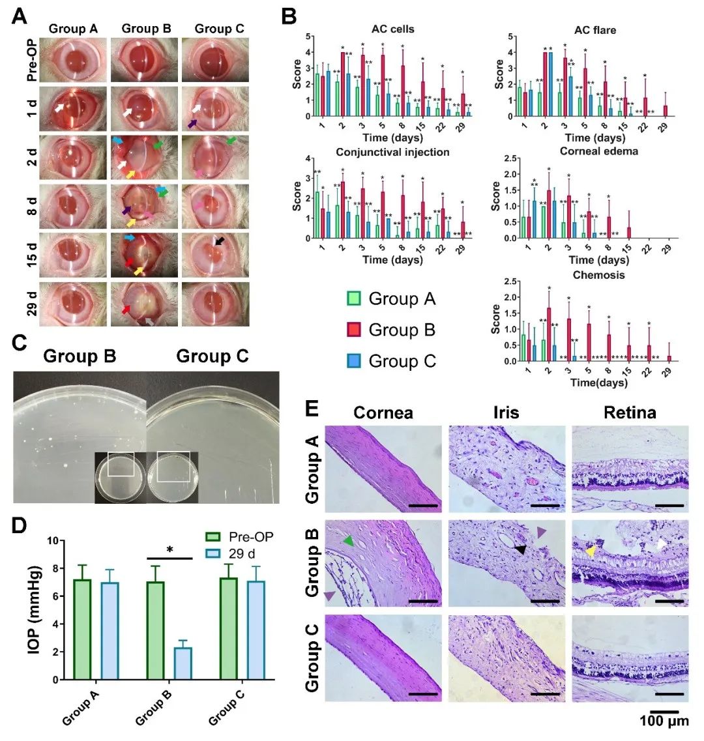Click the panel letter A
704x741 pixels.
click(20, 16)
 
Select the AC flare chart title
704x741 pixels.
click(594, 29)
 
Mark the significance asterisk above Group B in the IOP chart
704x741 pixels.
click(169, 550)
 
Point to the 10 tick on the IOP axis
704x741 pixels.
click(53, 540)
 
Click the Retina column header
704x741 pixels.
click(629, 412)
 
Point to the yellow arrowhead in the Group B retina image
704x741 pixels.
click(589, 551)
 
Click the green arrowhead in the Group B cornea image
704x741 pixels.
click(349, 540)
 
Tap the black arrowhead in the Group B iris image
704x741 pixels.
click(520, 551)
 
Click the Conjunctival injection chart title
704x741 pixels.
click(392, 152)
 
